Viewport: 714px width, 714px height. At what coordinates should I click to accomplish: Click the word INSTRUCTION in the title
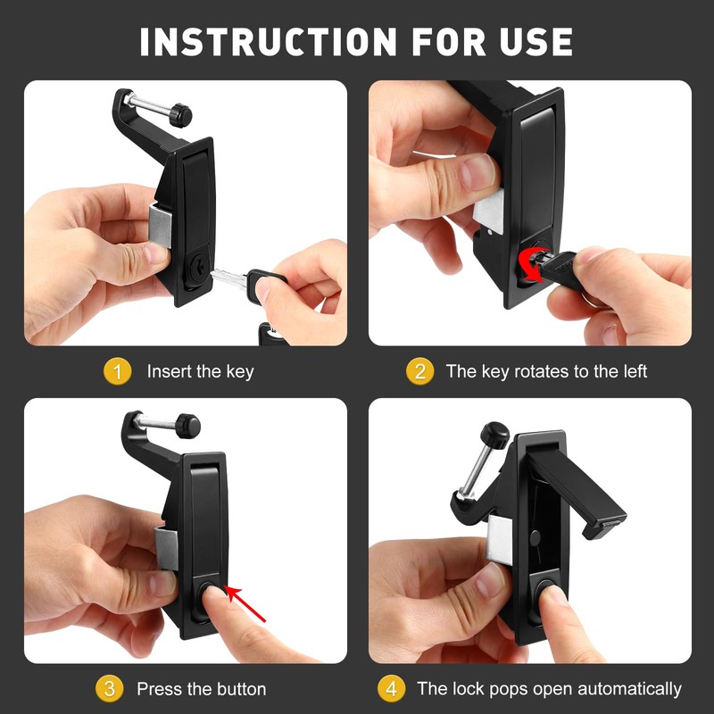tap(265, 42)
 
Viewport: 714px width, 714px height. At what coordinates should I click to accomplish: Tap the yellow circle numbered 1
tap(117, 371)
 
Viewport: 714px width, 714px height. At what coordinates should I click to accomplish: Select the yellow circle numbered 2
tap(419, 371)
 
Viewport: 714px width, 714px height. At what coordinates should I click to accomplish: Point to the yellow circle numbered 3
tap(109, 689)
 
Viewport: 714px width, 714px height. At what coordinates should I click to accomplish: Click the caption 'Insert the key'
tap(200, 371)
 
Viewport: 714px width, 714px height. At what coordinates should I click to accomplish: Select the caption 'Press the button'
tap(201, 689)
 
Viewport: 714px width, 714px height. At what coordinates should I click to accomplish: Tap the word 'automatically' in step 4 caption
tap(629, 689)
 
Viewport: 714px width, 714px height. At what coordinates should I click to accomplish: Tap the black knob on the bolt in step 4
tap(494, 435)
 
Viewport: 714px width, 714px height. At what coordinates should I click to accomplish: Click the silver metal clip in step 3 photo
tap(165, 543)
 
